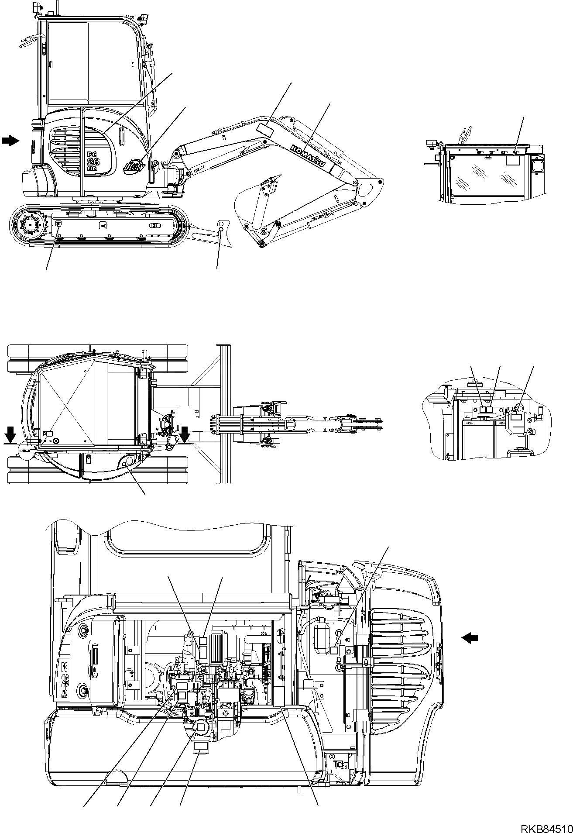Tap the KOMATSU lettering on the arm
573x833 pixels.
click(x=307, y=155)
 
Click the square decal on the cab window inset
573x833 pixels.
click(x=513, y=160)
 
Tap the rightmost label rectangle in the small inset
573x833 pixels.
click(x=517, y=418)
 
